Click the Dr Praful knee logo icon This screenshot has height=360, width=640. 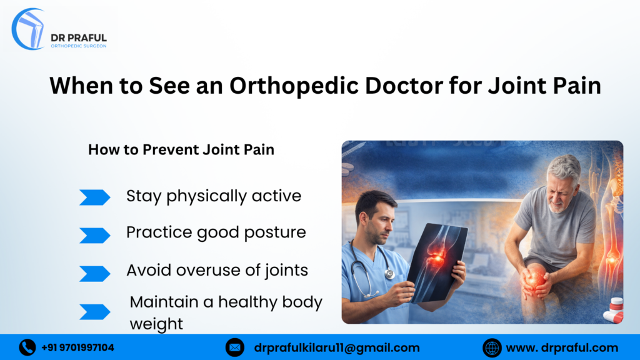pyautogui.click(x=29, y=29)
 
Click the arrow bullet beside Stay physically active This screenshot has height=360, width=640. pyautogui.click(x=94, y=197)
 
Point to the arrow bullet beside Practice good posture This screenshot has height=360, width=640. pyautogui.click(x=94, y=235)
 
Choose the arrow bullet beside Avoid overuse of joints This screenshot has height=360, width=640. pyautogui.click(x=94, y=273)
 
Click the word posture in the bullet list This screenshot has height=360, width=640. pyautogui.click(x=276, y=233)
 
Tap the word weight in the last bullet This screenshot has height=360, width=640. pyautogui.click(x=156, y=324)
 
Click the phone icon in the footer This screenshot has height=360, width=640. pyautogui.click(x=27, y=347)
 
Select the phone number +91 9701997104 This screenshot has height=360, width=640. pyautogui.click(x=77, y=347)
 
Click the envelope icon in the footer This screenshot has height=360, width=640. pyautogui.click(x=235, y=347)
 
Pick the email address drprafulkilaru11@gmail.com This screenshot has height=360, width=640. pyautogui.click(x=337, y=347)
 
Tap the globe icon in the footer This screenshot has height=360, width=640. pyautogui.click(x=492, y=347)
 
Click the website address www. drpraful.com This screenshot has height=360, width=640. pyautogui.click(x=562, y=347)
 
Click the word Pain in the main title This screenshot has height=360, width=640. pyautogui.click(x=573, y=86)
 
